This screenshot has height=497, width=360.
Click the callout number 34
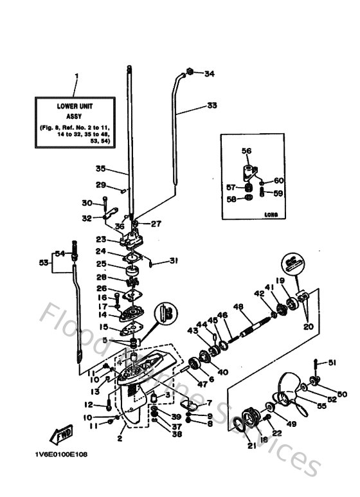pos(209,74)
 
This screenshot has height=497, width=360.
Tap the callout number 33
pos(212,105)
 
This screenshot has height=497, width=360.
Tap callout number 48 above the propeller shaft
pos(239,307)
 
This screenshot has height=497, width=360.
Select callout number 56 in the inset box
pos(246,151)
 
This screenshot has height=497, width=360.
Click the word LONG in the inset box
pos(271,215)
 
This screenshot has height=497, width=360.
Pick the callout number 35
pos(100,169)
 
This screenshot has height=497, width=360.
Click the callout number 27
pos(156,224)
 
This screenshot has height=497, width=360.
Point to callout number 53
pos(44,263)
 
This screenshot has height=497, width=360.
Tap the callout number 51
pos(332,363)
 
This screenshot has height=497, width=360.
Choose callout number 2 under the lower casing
pos(120,439)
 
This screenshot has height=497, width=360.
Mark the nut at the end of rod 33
pos(191,72)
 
